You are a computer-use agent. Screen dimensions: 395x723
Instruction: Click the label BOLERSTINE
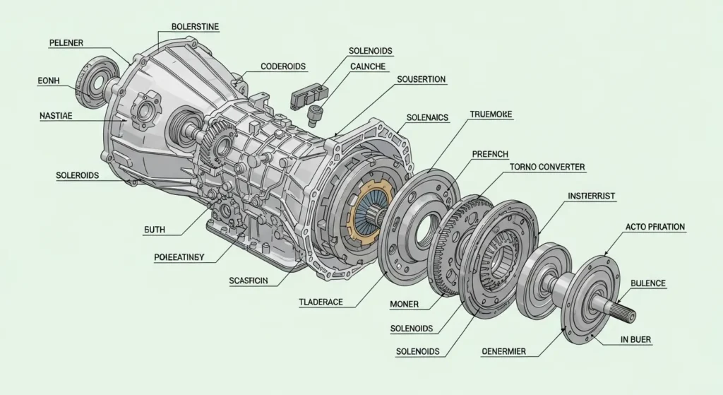tap(195, 27)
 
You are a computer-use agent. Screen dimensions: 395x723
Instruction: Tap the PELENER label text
tap(66, 43)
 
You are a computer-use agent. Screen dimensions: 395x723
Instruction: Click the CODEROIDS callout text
tap(283, 66)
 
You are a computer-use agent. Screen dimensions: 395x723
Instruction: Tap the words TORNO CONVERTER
tap(546, 167)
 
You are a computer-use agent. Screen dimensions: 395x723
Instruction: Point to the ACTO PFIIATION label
tap(655, 227)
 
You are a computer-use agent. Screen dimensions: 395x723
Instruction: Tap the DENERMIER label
tap(508, 351)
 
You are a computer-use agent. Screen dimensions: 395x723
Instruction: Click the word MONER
tap(405, 304)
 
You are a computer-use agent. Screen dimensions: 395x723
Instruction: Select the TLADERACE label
tap(321, 302)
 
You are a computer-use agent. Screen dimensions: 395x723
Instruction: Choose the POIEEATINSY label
tap(179, 257)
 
